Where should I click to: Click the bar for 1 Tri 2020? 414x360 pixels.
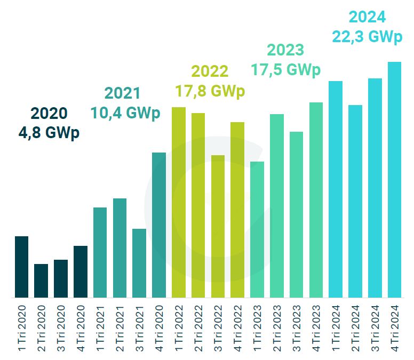[x=21, y=267]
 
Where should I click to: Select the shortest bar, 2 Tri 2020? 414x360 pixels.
[x=41, y=281]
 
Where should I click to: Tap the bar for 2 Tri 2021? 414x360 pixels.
[x=120, y=248]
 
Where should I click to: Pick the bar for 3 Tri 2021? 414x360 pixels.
[x=139, y=263]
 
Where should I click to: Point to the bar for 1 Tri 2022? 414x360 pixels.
[x=179, y=202]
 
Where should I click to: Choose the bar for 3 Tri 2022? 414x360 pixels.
[x=218, y=226]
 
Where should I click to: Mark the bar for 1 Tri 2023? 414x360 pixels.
[x=257, y=229]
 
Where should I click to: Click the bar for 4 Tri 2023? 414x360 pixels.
[x=316, y=199]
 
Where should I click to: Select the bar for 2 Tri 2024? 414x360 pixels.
[x=355, y=201]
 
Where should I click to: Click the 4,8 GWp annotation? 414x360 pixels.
[x=49, y=133]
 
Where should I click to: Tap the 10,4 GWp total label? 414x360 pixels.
[x=125, y=113]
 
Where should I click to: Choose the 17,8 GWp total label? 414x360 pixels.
[x=210, y=91]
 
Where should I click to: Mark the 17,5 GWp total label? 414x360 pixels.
[x=286, y=70]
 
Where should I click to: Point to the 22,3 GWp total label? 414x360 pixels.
[x=368, y=37]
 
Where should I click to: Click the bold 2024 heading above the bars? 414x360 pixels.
[x=367, y=17]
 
